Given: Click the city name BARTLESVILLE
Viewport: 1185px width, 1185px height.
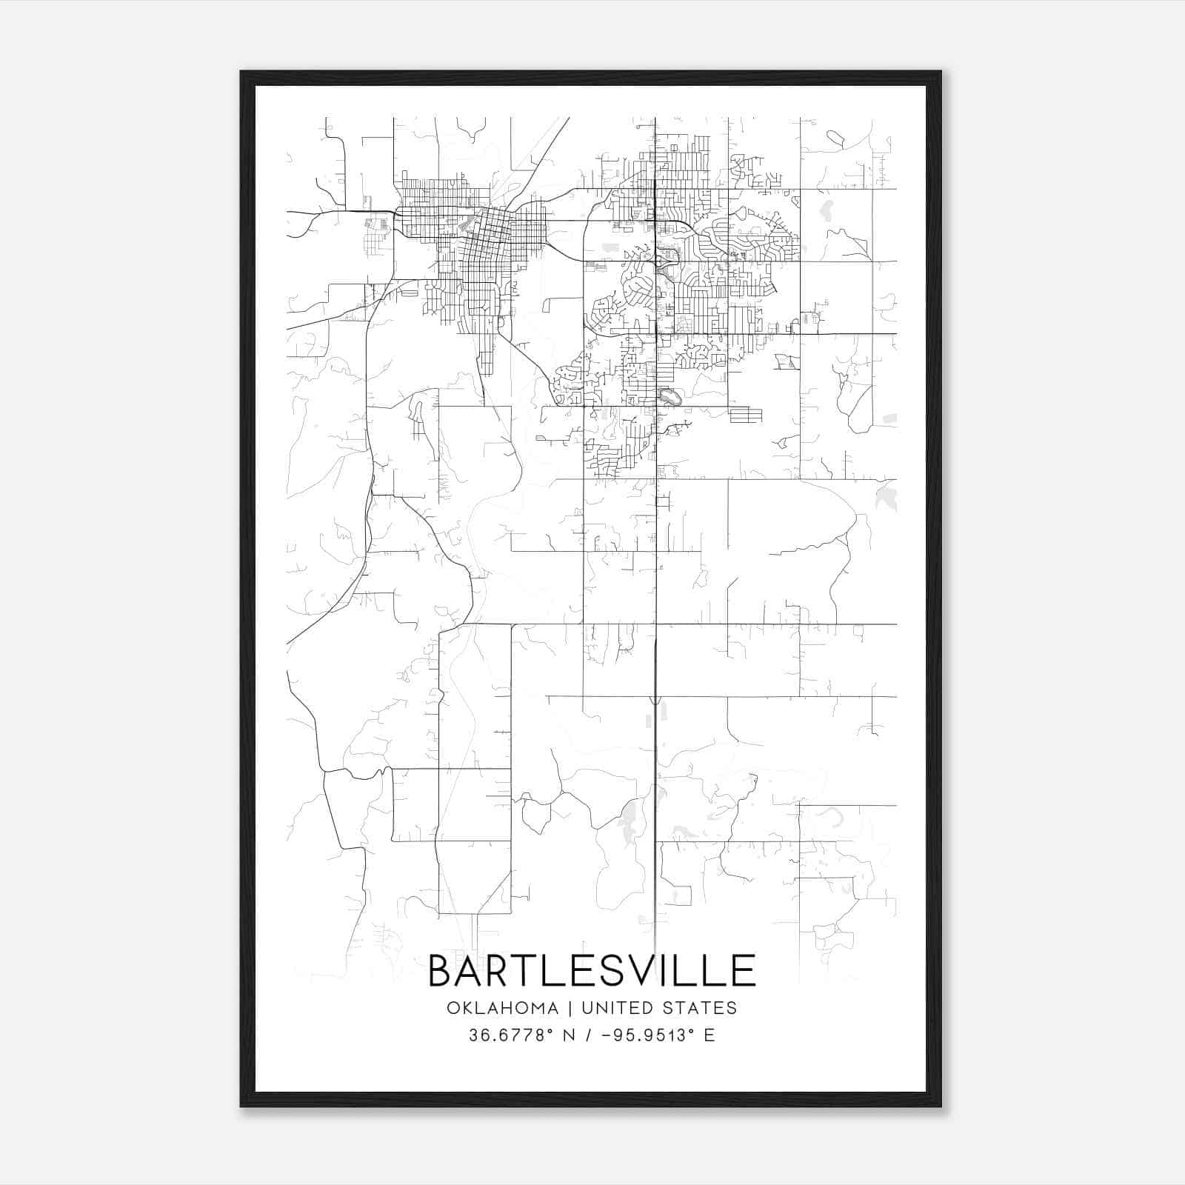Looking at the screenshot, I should [592, 971].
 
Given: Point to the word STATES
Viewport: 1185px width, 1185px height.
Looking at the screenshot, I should [701, 1008].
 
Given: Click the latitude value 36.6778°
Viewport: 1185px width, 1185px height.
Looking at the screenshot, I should [511, 1035].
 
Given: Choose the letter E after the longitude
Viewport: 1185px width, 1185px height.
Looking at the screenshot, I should [710, 1035].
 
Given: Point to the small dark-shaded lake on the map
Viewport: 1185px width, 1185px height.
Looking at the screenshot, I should [669, 398].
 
